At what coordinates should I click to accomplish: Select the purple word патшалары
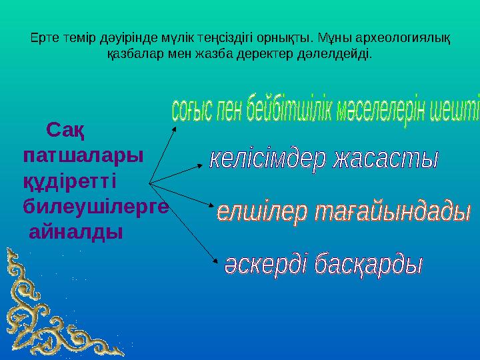[83, 155]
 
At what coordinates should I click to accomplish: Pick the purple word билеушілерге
[96, 206]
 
